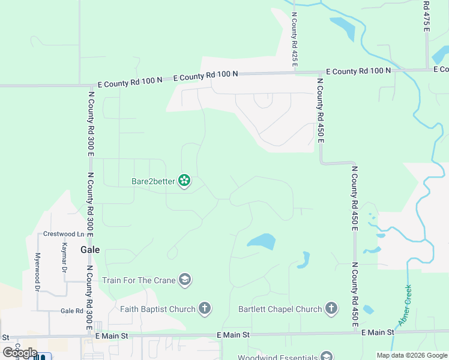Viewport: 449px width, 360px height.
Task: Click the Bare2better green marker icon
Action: pos(184,180)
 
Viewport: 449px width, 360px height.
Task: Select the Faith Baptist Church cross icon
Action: pos(205,309)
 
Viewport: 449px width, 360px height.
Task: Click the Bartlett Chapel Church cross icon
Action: pos(331,309)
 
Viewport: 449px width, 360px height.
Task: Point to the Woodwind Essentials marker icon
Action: pos(327,356)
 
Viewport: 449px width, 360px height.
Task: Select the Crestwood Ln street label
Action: pos(59,234)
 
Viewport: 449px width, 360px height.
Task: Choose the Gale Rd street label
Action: pos(71,311)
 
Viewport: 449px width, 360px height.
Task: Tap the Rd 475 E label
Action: pos(426,13)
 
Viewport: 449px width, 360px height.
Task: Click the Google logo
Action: pos(19,353)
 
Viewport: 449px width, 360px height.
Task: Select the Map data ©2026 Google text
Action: pos(411,355)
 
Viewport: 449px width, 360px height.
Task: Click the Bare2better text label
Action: pos(154,181)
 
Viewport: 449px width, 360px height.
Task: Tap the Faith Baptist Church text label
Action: pos(158,310)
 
